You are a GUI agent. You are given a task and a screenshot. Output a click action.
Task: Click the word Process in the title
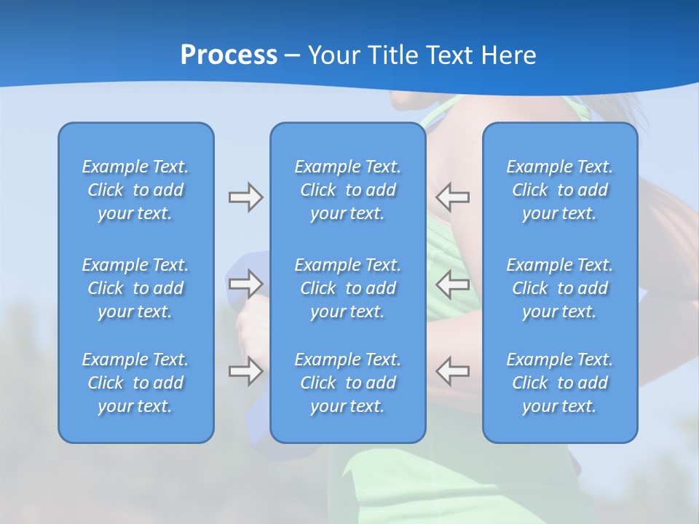(x=229, y=55)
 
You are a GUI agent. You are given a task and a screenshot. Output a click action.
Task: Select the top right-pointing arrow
(x=245, y=197)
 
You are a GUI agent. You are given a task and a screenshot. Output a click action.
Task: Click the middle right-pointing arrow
(x=245, y=283)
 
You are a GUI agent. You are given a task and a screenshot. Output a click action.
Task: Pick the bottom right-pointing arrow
(x=245, y=370)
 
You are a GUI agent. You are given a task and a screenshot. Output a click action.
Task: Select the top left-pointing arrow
(x=453, y=197)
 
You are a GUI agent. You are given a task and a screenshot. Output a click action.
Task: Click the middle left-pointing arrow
(x=453, y=283)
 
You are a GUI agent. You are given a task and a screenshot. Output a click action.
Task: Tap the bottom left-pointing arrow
(x=453, y=370)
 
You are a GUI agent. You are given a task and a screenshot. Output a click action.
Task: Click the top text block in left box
(x=135, y=190)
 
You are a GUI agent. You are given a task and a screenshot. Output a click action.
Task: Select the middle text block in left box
(x=135, y=288)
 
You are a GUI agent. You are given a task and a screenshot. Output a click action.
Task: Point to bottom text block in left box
(x=135, y=383)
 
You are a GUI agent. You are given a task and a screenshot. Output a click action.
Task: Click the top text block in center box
(x=347, y=190)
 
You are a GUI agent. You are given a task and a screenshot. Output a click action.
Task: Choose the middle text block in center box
(x=347, y=288)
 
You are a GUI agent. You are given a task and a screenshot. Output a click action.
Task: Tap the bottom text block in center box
(x=347, y=383)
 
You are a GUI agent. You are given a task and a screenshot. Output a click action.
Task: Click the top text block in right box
(x=559, y=190)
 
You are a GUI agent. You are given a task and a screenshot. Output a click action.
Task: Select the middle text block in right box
(x=559, y=288)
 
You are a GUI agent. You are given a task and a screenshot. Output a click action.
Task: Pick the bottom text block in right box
(x=559, y=383)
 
